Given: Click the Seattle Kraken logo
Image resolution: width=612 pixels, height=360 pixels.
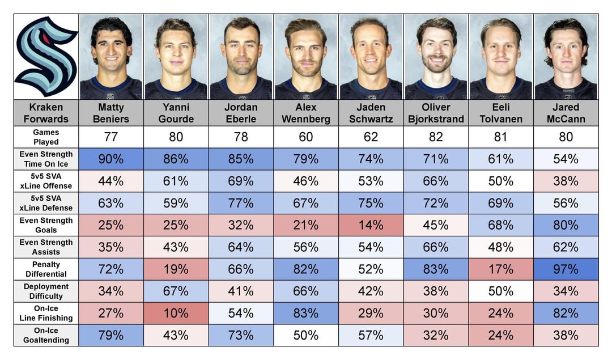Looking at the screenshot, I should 46,57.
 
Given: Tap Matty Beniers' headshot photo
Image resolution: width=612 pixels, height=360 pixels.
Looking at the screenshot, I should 111,57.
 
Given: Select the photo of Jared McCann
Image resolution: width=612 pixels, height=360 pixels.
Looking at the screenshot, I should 566,57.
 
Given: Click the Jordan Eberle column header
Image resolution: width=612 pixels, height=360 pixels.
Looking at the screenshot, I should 241,113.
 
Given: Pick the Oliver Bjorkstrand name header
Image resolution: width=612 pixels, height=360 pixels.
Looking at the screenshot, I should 436,113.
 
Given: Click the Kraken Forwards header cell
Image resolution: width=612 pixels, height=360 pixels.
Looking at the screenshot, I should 46,113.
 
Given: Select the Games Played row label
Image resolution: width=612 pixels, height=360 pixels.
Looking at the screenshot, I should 46,137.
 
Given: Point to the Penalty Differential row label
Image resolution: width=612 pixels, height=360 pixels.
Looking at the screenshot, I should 46,269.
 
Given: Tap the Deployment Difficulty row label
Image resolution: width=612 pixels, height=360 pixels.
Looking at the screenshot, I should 46,291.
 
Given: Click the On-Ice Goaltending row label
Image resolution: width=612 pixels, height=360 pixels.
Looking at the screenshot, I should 46,335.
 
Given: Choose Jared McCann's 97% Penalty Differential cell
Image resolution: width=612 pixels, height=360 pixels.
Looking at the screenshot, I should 566,269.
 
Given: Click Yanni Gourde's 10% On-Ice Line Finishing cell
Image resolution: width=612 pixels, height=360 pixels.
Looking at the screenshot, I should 176,313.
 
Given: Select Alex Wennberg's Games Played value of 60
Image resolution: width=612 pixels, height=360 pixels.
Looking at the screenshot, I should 306,137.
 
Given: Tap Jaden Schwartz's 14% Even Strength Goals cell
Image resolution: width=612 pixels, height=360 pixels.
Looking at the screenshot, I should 371,225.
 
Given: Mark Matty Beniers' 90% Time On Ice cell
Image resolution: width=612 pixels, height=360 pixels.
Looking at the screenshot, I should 111,159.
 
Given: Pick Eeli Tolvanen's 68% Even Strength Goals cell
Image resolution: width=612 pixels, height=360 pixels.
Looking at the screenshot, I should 501,225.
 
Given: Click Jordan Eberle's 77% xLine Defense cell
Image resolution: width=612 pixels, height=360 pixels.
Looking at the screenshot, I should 241,203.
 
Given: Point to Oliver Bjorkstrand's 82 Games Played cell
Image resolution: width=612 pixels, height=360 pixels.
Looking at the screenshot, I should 436,137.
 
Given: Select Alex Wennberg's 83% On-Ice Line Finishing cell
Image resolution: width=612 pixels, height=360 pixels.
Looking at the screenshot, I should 306,313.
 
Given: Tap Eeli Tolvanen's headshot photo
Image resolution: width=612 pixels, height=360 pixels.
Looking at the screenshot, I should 501,57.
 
